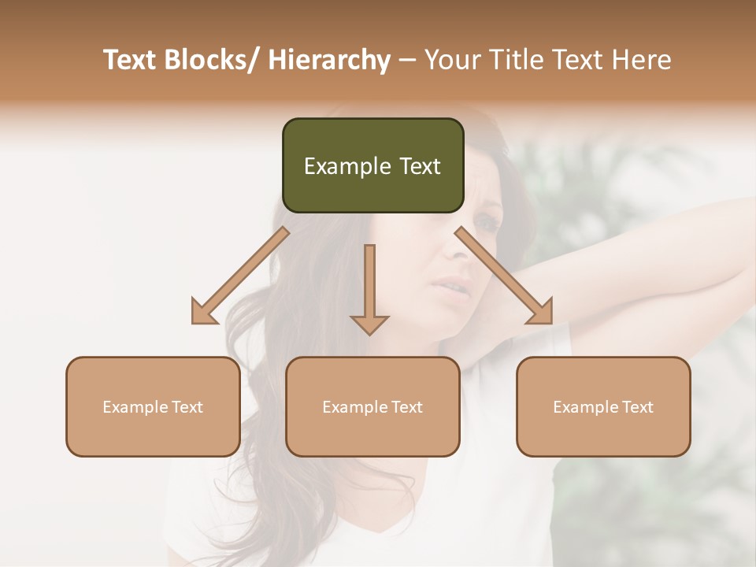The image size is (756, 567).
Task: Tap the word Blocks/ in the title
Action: pos(213,61)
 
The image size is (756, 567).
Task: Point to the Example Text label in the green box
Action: pos(372,166)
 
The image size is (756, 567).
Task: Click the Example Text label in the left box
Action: pos(153,407)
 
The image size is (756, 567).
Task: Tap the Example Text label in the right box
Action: pos(603,407)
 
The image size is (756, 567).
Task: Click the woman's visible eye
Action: pos(487,224)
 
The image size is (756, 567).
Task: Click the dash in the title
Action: pos(407,61)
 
